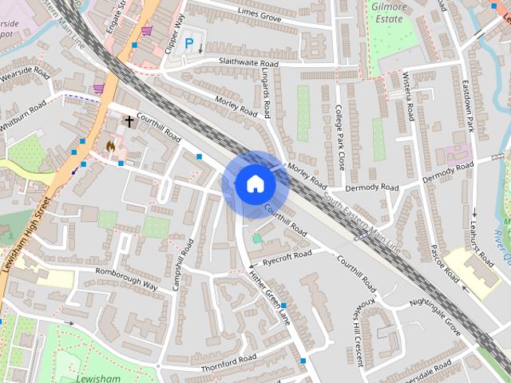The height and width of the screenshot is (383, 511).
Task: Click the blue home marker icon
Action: pyautogui.click(x=255, y=184)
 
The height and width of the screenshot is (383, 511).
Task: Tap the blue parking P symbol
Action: pyautogui.click(x=189, y=45)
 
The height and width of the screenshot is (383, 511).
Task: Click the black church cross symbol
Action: pyautogui.click(x=129, y=121)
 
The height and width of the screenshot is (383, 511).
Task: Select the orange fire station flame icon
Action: pyautogui.click(x=110, y=146)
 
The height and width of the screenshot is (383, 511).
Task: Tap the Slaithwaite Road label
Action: pyautogui.click(x=239, y=63)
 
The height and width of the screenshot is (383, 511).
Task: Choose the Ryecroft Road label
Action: pyautogui.click(x=287, y=257)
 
